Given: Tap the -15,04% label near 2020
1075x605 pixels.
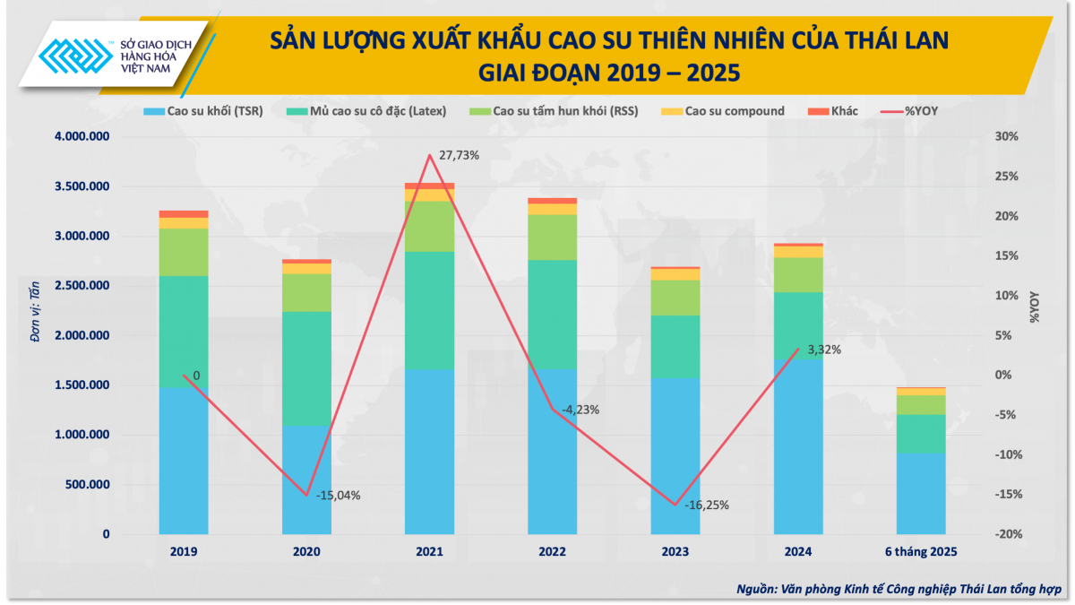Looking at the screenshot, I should tap(338, 495).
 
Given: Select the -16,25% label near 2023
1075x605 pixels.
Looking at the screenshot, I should tap(707, 505).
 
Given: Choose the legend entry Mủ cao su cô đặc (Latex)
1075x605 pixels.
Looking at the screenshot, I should tap(376, 112).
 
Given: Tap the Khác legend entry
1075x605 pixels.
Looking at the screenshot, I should tap(833, 112).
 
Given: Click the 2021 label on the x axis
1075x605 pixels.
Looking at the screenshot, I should tap(429, 552).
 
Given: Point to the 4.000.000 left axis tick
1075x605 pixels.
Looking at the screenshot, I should tap(82, 137).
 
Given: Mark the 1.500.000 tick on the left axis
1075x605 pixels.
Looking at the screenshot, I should tap(82, 385).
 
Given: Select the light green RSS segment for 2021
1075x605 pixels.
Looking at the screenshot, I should tap(429, 226).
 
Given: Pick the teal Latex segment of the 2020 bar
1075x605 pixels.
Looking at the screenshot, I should tap(306, 368).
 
